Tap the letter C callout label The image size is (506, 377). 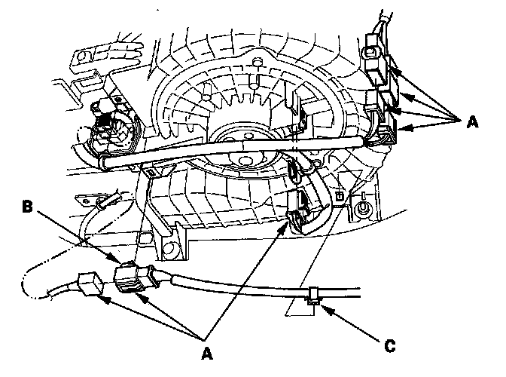click(x=389, y=348)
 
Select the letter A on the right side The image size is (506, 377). click(x=471, y=121)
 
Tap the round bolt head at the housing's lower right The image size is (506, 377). click(x=364, y=207)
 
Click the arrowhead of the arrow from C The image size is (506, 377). click(x=320, y=305)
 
